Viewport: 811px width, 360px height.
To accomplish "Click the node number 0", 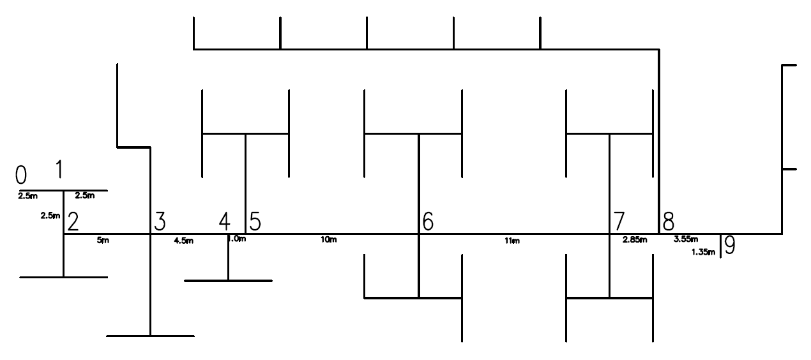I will [21, 174].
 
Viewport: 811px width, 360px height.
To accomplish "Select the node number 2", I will [73, 221].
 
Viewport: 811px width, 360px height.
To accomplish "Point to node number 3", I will [160, 221].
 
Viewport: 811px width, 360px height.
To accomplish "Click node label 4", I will [224, 221].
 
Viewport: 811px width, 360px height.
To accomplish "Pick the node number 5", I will [255, 221].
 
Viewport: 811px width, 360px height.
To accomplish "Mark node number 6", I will [428, 221].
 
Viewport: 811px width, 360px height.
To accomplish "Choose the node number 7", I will [619, 221].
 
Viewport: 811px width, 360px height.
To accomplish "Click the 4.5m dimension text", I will [184, 241].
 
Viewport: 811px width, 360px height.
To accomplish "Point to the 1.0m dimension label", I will [238, 239].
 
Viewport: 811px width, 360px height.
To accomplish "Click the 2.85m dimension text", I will [635, 240].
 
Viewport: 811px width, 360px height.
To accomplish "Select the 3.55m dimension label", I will [686, 240].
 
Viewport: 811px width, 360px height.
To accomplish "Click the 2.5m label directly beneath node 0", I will [27, 195].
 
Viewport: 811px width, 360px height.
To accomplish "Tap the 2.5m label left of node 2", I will [50, 216].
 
